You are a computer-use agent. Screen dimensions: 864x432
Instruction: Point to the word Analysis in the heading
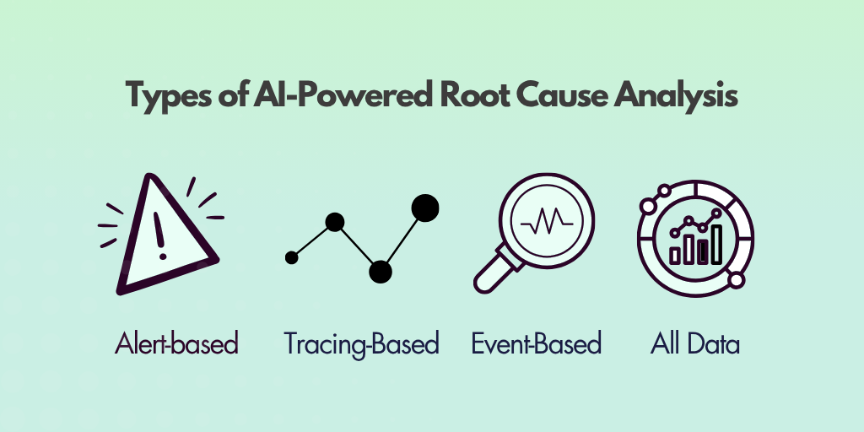pyautogui.click(x=676, y=96)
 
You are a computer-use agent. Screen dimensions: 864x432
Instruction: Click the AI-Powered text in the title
pyautogui.click(x=343, y=94)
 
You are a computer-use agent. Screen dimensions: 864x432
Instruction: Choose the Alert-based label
pyautogui.click(x=176, y=343)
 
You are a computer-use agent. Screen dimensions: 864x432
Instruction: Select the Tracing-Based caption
pyautogui.click(x=361, y=344)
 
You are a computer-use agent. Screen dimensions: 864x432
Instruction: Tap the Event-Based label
pyautogui.click(x=536, y=343)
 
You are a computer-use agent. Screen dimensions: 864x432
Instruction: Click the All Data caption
pyautogui.click(x=695, y=343)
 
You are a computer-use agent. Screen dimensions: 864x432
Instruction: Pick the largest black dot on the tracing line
pyautogui.click(x=425, y=208)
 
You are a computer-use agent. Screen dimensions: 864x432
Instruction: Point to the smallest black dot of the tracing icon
pyautogui.click(x=291, y=257)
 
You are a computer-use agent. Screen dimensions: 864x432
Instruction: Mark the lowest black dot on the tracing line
pyautogui.click(x=381, y=272)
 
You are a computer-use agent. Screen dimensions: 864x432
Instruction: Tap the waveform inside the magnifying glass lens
pyautogui.click(x=547, y=222)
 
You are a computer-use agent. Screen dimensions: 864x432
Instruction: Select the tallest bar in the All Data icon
pyautogui.click(x=716, y=244)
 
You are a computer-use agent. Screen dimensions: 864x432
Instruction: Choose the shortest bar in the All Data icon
pyautogui.click(x=675, y=255)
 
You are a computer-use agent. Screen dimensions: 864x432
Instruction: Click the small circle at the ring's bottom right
pyautogui.click(x=736, y=280)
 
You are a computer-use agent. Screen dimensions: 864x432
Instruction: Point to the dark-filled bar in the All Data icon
pyautogui.click(x=703, y=251)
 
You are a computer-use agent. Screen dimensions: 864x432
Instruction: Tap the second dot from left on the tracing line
pyautogui.click(x=334, y=222)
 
